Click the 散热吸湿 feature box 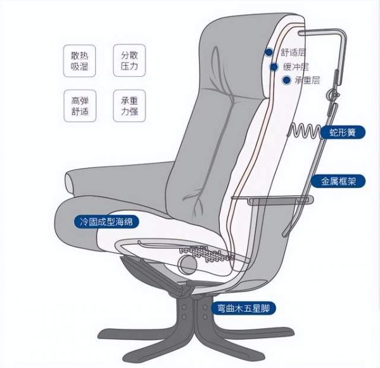point(80,61)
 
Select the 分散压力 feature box point(129,60)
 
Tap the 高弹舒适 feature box point(80,106)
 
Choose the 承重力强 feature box point(129,106)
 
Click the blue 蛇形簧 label point(343,132)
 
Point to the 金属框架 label point(338,181)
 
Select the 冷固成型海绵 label point(106,221)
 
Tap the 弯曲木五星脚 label point(244,308)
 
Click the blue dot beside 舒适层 point(269,52)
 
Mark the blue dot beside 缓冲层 point(274,67)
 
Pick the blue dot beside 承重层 point(287,80)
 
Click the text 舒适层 point(293,52)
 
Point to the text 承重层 point(308,80)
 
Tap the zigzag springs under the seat point(206,254)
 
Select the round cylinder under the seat point(187,265)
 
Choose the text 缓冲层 point(296,67)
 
